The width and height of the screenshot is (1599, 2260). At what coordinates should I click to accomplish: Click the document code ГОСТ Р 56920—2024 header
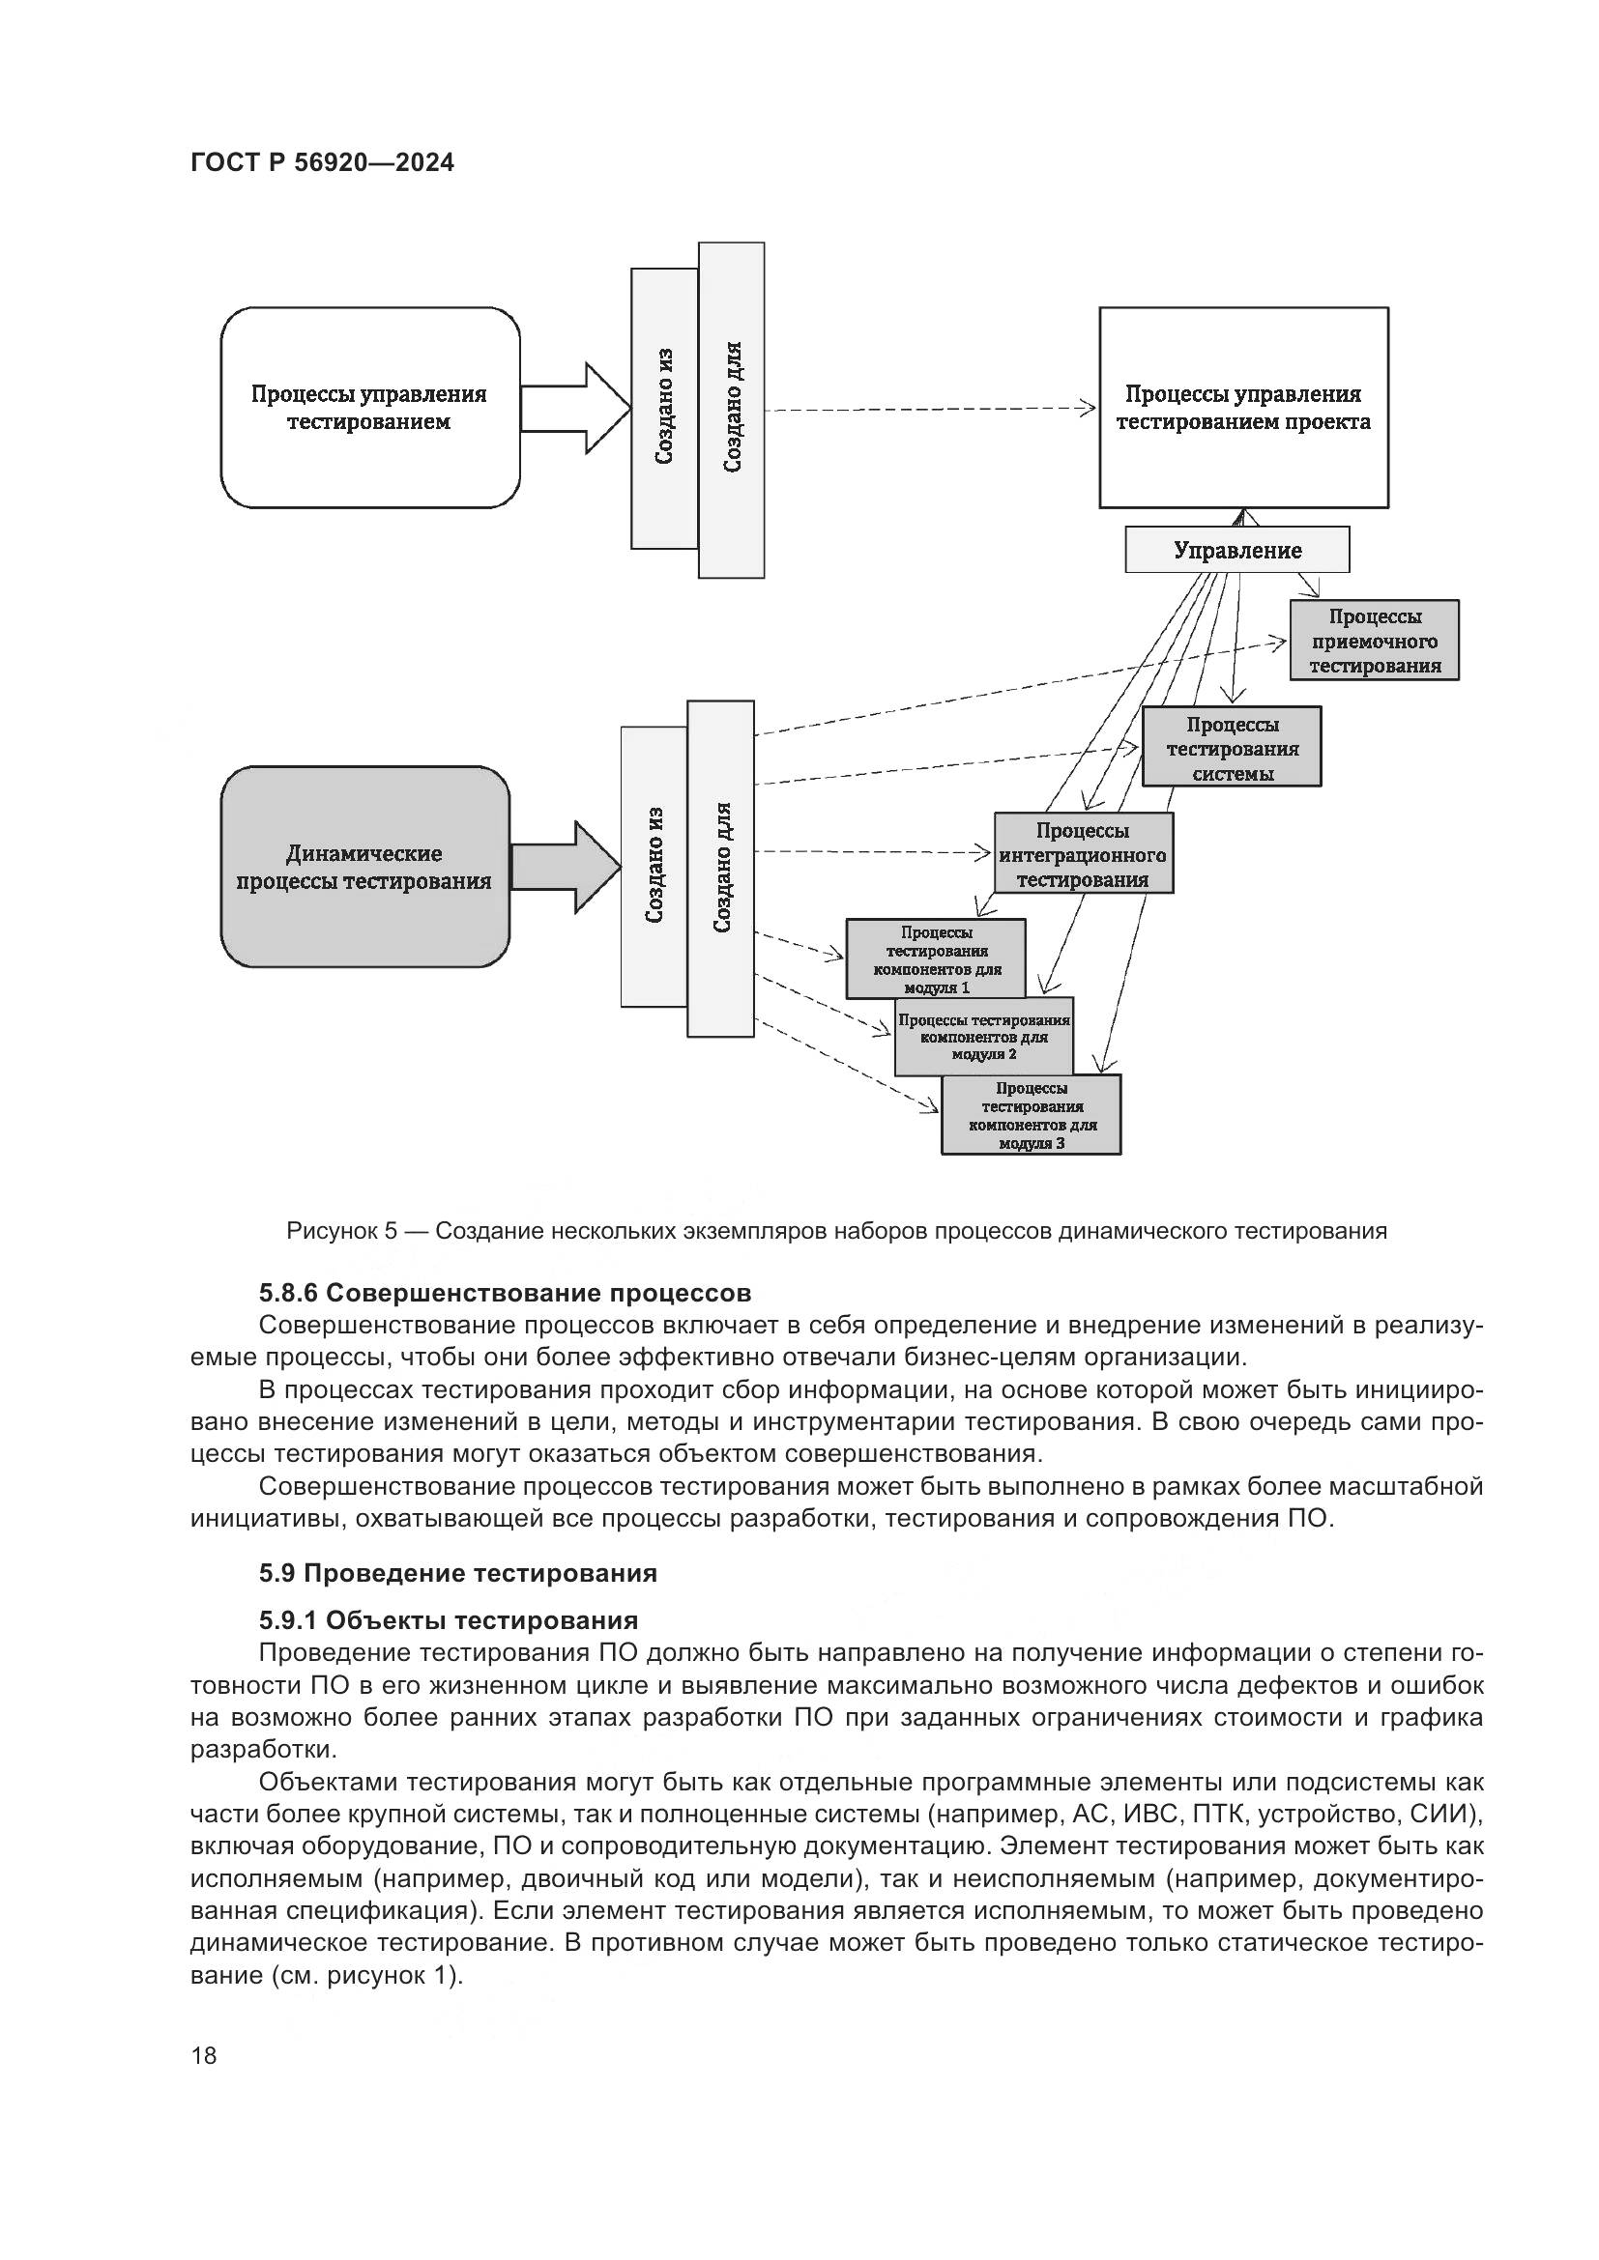[x=322, y=163]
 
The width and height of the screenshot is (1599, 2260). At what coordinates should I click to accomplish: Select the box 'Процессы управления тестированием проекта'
[x=1242, y=408]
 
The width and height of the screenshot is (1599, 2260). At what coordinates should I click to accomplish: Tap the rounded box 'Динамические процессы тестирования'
[x=364, y=867]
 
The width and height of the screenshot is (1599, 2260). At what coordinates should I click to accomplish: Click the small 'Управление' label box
[x=1236, y=550]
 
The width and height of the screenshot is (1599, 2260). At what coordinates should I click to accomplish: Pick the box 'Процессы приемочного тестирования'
[x=1375, y=641]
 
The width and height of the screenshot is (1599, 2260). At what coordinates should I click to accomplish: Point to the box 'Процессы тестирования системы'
[x=1232, y=747]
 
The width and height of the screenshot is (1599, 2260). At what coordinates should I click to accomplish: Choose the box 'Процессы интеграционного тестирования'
[x=1083, y=853]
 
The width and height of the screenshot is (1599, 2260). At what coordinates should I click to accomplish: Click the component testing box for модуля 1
[x=936, y=958]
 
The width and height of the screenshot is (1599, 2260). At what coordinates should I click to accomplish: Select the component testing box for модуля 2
[x=983, y=1038]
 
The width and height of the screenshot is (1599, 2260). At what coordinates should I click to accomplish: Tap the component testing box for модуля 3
[x=1031, y=1115]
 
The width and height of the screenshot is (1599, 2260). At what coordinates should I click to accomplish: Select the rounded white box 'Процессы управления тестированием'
[x=369, y=408]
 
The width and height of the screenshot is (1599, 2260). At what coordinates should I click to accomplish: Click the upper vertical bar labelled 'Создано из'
[x=664, y=408]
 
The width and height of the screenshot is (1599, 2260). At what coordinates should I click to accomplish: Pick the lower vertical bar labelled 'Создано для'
[x=721, y=869]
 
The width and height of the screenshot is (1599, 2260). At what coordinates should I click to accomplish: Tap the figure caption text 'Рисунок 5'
[x=341, y=1230]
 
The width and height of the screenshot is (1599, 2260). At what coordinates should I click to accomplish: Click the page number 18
[x=204, y=2055]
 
